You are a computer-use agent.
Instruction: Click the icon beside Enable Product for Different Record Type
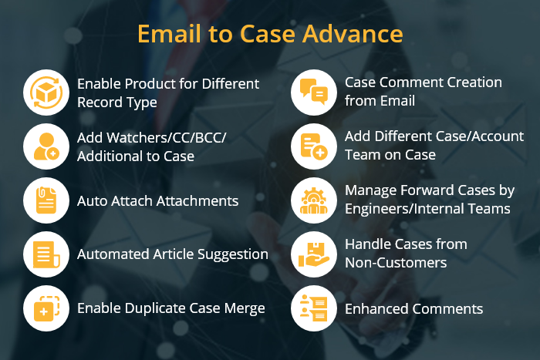point(46,93)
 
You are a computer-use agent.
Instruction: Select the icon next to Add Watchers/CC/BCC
point(46,146)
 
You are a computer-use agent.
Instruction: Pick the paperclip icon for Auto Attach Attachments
point(46,200)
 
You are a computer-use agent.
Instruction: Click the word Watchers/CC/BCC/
point(165,137)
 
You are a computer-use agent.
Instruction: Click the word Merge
point(244,308)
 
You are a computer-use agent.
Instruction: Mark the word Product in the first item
point(151,83)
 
